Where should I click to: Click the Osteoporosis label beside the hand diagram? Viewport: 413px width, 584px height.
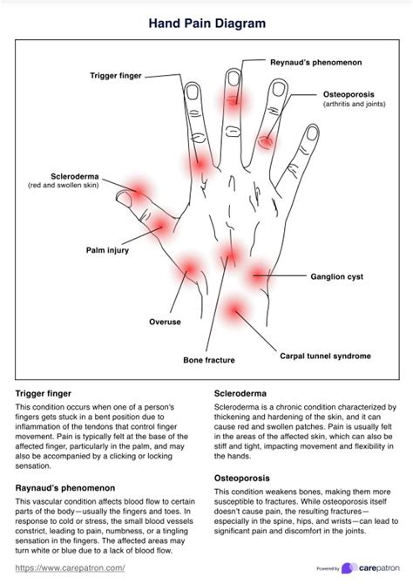[348, 93]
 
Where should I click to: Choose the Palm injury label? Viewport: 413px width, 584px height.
[107, 250]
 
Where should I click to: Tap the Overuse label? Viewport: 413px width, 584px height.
[164, 322]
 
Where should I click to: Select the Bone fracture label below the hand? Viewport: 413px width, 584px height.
[209, 359]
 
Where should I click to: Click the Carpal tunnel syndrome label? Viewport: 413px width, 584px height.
[325, 356]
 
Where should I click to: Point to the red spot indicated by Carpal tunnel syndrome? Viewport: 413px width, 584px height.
[234, 309]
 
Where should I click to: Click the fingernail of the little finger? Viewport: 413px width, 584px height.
[311, 134]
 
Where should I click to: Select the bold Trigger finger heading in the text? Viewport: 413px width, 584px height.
[44, 394]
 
